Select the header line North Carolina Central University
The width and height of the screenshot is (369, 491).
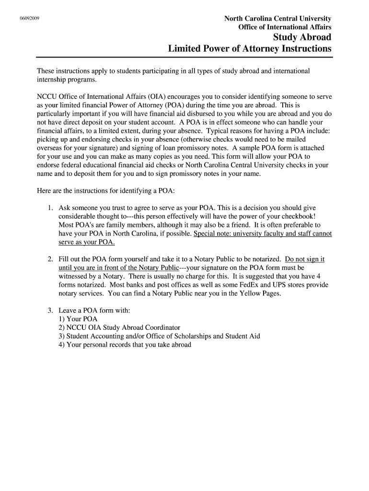click(278, 18)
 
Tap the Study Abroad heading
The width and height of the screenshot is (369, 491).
click(302, 37)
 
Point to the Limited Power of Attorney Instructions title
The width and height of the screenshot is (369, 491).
click(250, 49)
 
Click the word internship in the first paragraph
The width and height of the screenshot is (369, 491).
click(52, 80)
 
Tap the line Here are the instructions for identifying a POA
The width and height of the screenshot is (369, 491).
click(106, 191)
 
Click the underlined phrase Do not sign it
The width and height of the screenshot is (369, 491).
click(305, 259)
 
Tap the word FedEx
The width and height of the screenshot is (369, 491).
click(259, 285)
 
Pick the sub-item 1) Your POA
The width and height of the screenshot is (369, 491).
click(78, 319)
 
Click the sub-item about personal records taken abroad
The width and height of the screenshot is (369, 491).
click(125, 345)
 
